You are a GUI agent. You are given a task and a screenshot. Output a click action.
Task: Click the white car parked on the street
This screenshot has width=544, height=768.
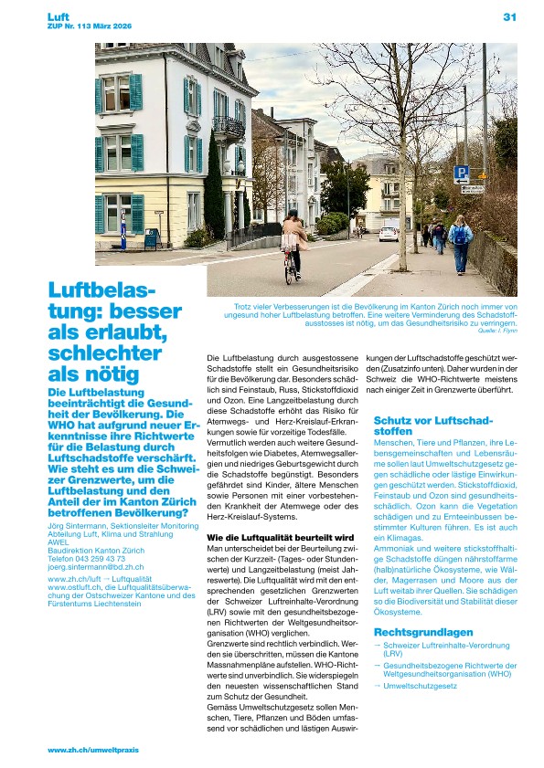[x=389, y=233]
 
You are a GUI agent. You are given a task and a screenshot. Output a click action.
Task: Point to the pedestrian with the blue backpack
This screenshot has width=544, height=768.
[x=460, y=242]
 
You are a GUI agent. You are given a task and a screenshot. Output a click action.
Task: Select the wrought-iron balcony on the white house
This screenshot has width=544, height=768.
[x=228, y=126]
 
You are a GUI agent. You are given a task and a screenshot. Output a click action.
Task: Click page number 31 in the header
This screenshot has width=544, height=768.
[x=509, y=16]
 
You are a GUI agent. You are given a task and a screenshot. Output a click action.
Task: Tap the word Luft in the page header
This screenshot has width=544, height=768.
[x=59, y=16]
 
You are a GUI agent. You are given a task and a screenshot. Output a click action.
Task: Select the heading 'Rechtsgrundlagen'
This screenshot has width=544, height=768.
[x=423, y=632]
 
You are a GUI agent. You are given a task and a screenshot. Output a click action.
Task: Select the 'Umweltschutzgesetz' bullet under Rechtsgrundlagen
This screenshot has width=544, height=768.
[x=421, y=684]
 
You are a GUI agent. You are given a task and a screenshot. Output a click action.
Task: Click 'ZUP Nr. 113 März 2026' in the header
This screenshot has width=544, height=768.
[x=90, y=26]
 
